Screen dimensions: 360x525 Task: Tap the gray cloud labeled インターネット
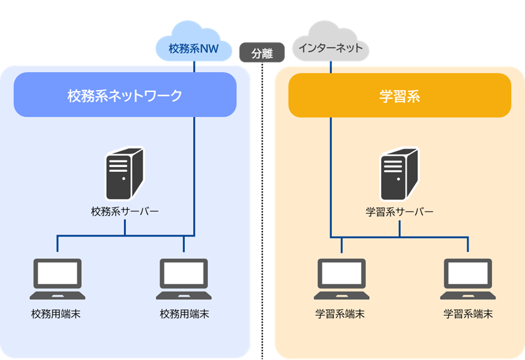(x=330, y=45)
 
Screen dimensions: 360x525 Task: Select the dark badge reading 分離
(x=261, y=53)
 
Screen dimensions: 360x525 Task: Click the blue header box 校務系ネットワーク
(x=125, y=95)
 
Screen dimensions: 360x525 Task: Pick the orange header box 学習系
(x=400, y=95)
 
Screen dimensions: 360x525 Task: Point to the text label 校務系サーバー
(x=125, y=212)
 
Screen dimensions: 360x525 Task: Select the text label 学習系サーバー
(x=399, y=212)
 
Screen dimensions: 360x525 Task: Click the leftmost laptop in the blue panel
(x=57, y=279)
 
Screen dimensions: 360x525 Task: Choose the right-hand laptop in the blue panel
(x=184, y=279)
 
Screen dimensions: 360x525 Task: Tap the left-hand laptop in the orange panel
(x=342, y=279)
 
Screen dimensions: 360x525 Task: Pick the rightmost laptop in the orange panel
(x=468, y=279)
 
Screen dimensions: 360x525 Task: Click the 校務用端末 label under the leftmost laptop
(x=56, y=314)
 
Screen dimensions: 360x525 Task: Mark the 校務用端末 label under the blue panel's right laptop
(x=184, y=314)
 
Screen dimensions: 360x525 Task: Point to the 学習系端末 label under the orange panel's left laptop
(x=340, y=314)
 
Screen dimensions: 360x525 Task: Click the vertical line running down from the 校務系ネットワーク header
(x=194, y=174)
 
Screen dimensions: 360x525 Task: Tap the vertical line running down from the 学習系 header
(x=330, y=174)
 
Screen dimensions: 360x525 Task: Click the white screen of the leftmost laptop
(x=57, y=273)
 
